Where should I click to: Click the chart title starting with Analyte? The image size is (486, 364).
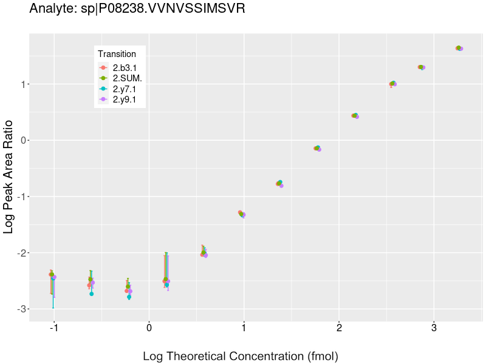click(x=137, y=9)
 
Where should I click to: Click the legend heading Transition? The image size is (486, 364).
click(x=117, y=54)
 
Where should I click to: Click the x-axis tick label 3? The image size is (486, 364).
click(x=434, y=328)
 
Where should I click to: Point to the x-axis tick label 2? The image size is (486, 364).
click(x=339, y=328)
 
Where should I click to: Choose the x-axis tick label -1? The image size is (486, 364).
click(x=54, y=328)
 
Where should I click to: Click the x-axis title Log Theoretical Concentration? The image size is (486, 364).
click(x=240, y=356)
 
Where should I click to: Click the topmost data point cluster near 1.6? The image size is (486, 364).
click(x=459, y=48)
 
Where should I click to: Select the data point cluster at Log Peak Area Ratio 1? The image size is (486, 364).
click(x=392, y=84)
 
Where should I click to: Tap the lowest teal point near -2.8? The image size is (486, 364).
click(x=129, y=297)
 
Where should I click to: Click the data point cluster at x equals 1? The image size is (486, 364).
click(x=242, y=214)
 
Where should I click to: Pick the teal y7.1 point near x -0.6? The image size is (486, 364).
click(x=92, y=294)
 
